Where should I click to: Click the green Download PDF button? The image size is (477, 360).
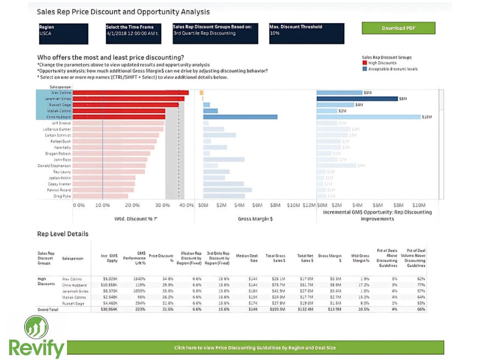[398, 28]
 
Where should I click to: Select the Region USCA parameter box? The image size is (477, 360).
[63, 33]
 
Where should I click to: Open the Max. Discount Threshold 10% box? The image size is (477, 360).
[306, 33]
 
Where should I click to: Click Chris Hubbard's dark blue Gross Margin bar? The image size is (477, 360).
[240, 117]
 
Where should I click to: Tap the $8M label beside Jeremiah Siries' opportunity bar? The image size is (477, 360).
[403, 99]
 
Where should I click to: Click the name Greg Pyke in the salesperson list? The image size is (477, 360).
[62, 195]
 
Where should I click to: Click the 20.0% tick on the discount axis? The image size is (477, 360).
[132, 205]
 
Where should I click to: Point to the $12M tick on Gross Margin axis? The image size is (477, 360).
[309, 205]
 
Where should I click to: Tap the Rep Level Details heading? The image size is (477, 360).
[63, 234]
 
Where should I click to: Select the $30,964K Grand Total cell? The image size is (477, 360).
[108, 310]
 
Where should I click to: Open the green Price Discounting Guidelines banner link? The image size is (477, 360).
[255, 347]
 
